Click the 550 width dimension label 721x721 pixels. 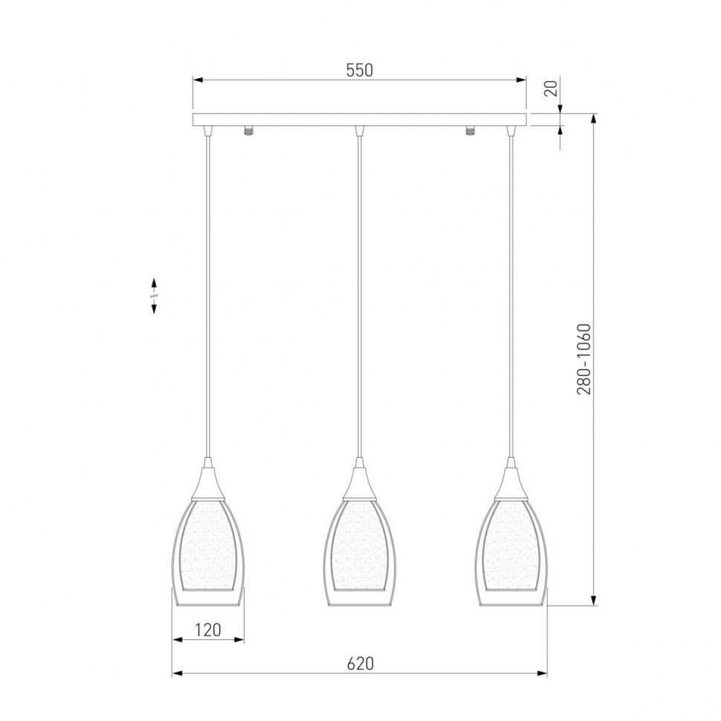tap(359, 70)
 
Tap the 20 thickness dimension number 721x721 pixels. tap(550, 88)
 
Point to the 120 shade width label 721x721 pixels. tap(208, 630)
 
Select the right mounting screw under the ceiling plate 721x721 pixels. tap(470, 131)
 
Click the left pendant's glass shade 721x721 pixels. tap(208, 552)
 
